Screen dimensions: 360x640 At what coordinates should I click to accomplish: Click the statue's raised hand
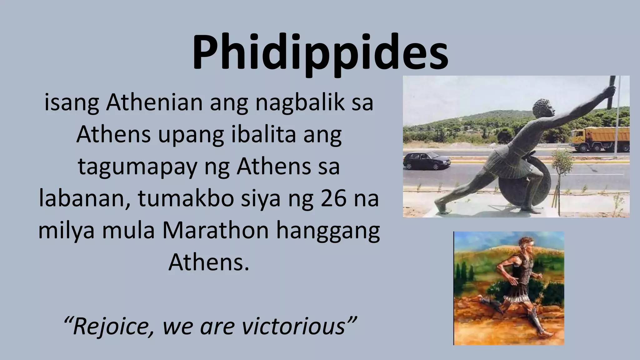click(609, 91)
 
